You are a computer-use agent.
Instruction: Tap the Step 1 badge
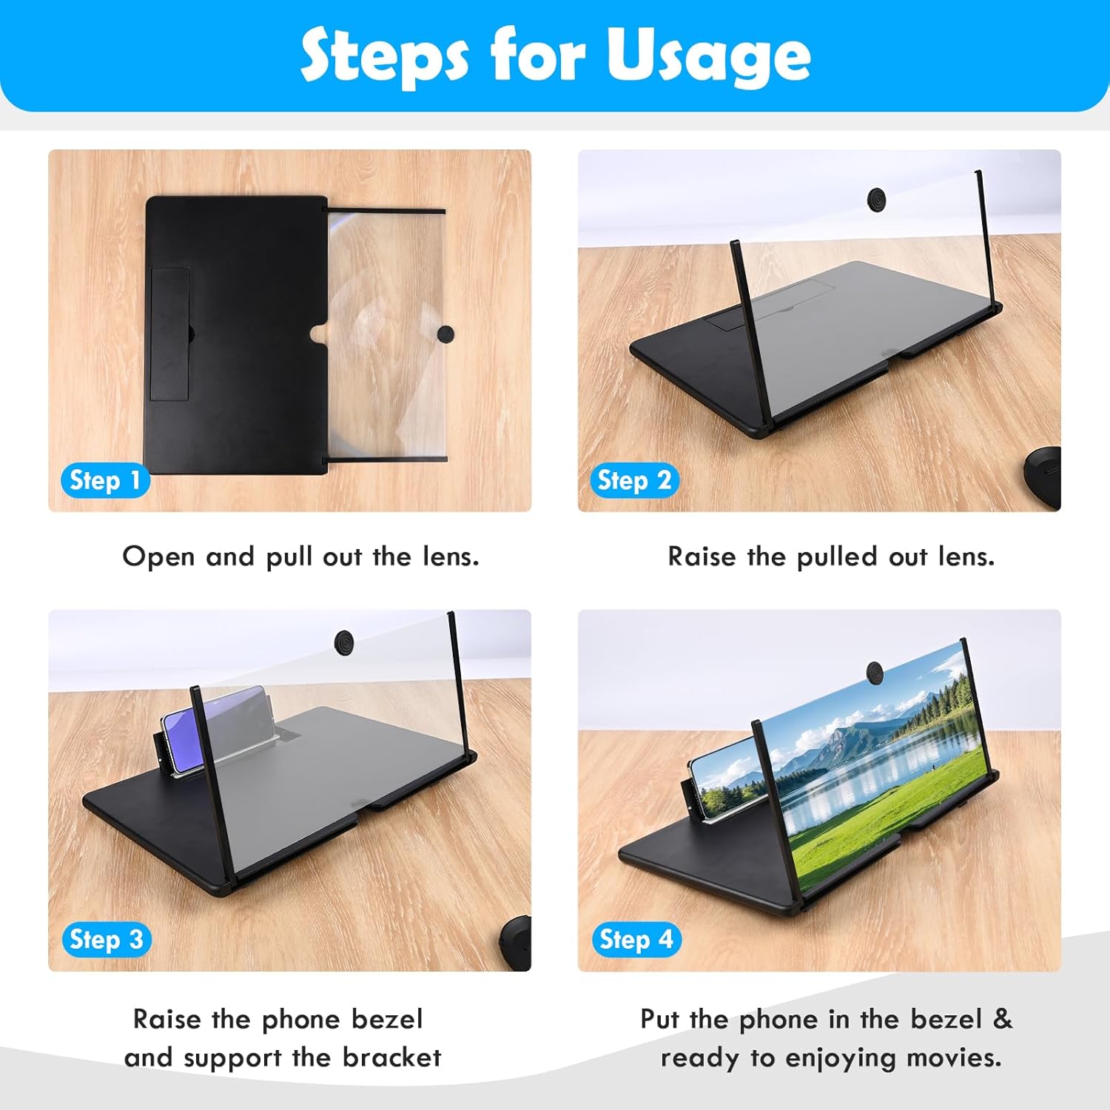point(105,480)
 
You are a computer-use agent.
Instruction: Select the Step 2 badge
point(634,480)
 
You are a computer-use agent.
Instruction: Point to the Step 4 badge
point(636,940)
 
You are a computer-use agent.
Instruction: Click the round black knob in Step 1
point(445,334)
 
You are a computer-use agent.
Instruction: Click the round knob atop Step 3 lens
point(344,640)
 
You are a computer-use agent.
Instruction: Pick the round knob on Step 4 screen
point(876,672)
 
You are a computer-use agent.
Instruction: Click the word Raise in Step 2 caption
point(702,556)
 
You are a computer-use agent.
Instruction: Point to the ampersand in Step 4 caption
point(1002,1019)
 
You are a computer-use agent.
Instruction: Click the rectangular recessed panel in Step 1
point(170,334)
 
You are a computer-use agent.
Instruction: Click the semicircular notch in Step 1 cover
point(319,334)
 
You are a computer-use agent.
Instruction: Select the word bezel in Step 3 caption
point(387,1019)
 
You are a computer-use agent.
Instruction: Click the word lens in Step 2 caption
point(966,556)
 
